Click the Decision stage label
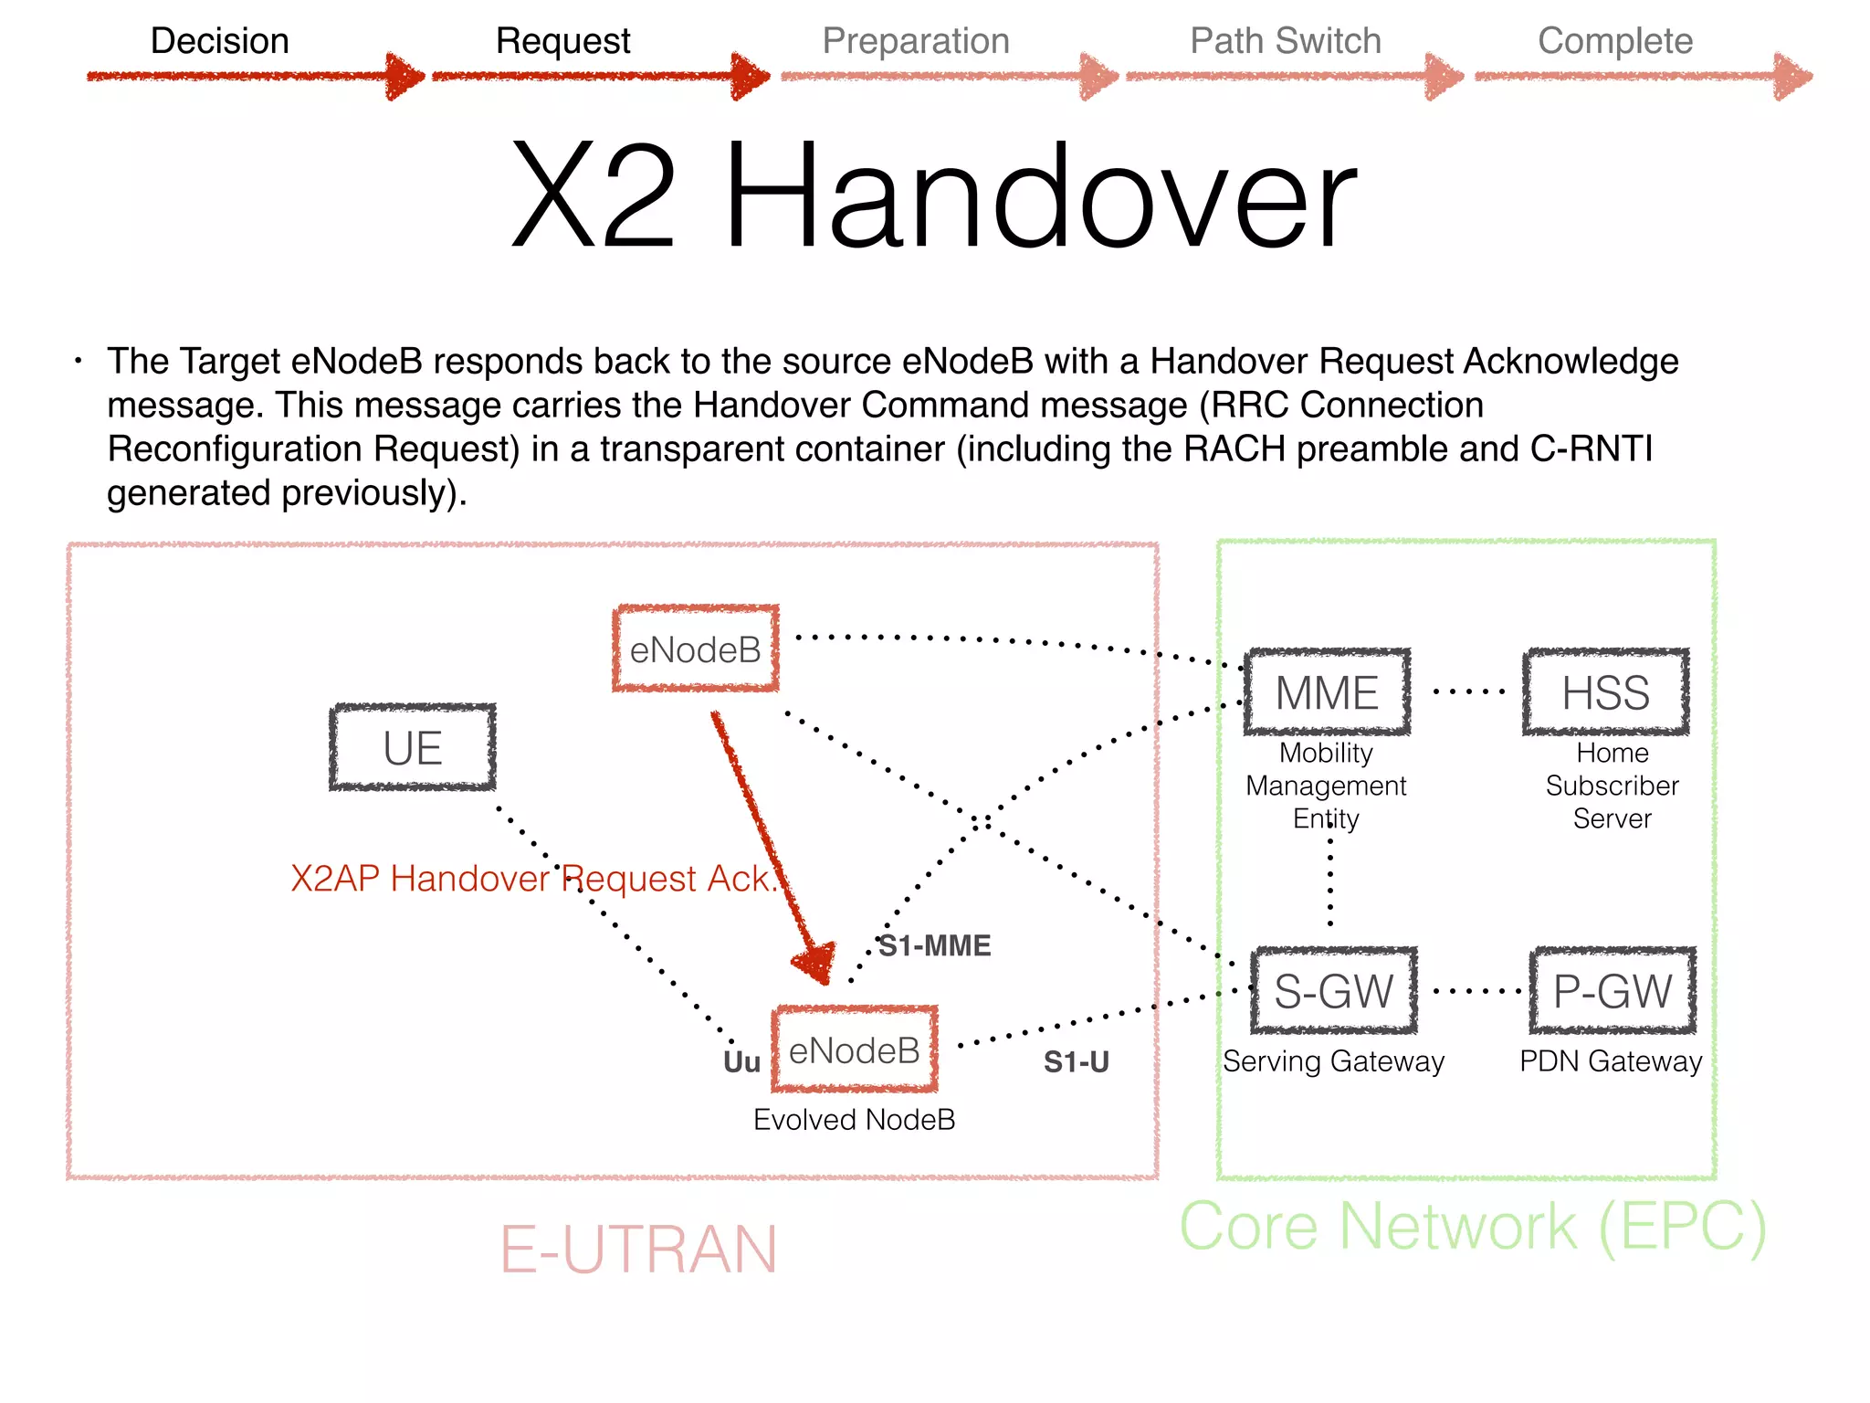[219, 41]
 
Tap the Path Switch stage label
[1285, 41]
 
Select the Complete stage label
[1614, 41]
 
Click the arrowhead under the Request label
[751, 77]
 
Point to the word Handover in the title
[1041, 195]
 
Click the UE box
[413, 748]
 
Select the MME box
[1327, 692]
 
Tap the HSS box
[1605, 692]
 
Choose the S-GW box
[1334, 991]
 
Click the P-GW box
[1613, 991]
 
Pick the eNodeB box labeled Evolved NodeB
[855, 1050]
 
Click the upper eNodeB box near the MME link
[696, 649]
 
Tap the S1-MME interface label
[934, 945]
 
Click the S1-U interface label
[1077, 1062]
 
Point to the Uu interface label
[741, 1062]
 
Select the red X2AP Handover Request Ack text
[534, 879]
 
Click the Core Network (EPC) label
[1472, 1227]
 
